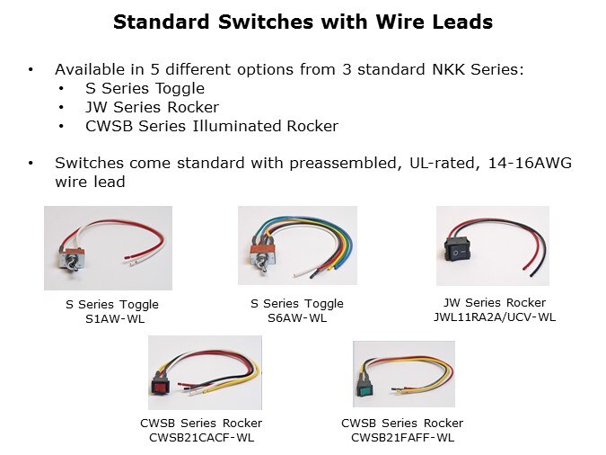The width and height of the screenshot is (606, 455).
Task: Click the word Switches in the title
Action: [266, 22]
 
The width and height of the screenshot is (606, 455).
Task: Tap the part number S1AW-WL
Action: [115, 319]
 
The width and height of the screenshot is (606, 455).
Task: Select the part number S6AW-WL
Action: [297, 318]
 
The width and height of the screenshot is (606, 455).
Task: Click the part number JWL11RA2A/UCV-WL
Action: [495, 317]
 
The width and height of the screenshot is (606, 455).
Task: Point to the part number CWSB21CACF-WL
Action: [201, 438]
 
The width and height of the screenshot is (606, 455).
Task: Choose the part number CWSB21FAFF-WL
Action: [402, 438]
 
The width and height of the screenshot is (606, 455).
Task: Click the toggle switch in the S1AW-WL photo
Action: [73, 260]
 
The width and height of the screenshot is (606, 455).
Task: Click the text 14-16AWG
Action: [530, 163]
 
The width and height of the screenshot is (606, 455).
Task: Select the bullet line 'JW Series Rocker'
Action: [153, 107]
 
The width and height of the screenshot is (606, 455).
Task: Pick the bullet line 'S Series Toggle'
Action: [145, 89]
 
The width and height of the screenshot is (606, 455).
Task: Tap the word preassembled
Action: [343, 164]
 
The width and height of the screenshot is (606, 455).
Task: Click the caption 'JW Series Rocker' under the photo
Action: [495, 302]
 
